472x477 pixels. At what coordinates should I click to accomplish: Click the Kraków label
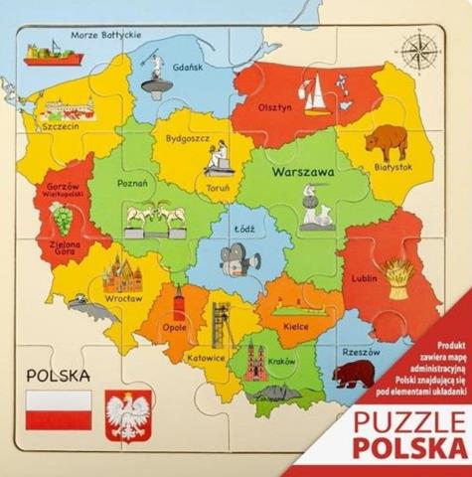click(x=283, y=361)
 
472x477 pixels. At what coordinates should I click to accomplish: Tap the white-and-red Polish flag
click(x=58, y=409)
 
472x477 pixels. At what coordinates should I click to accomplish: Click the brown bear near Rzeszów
click(x=356, y=375)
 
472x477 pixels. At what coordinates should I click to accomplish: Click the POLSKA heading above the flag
click(x=59, y=377)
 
